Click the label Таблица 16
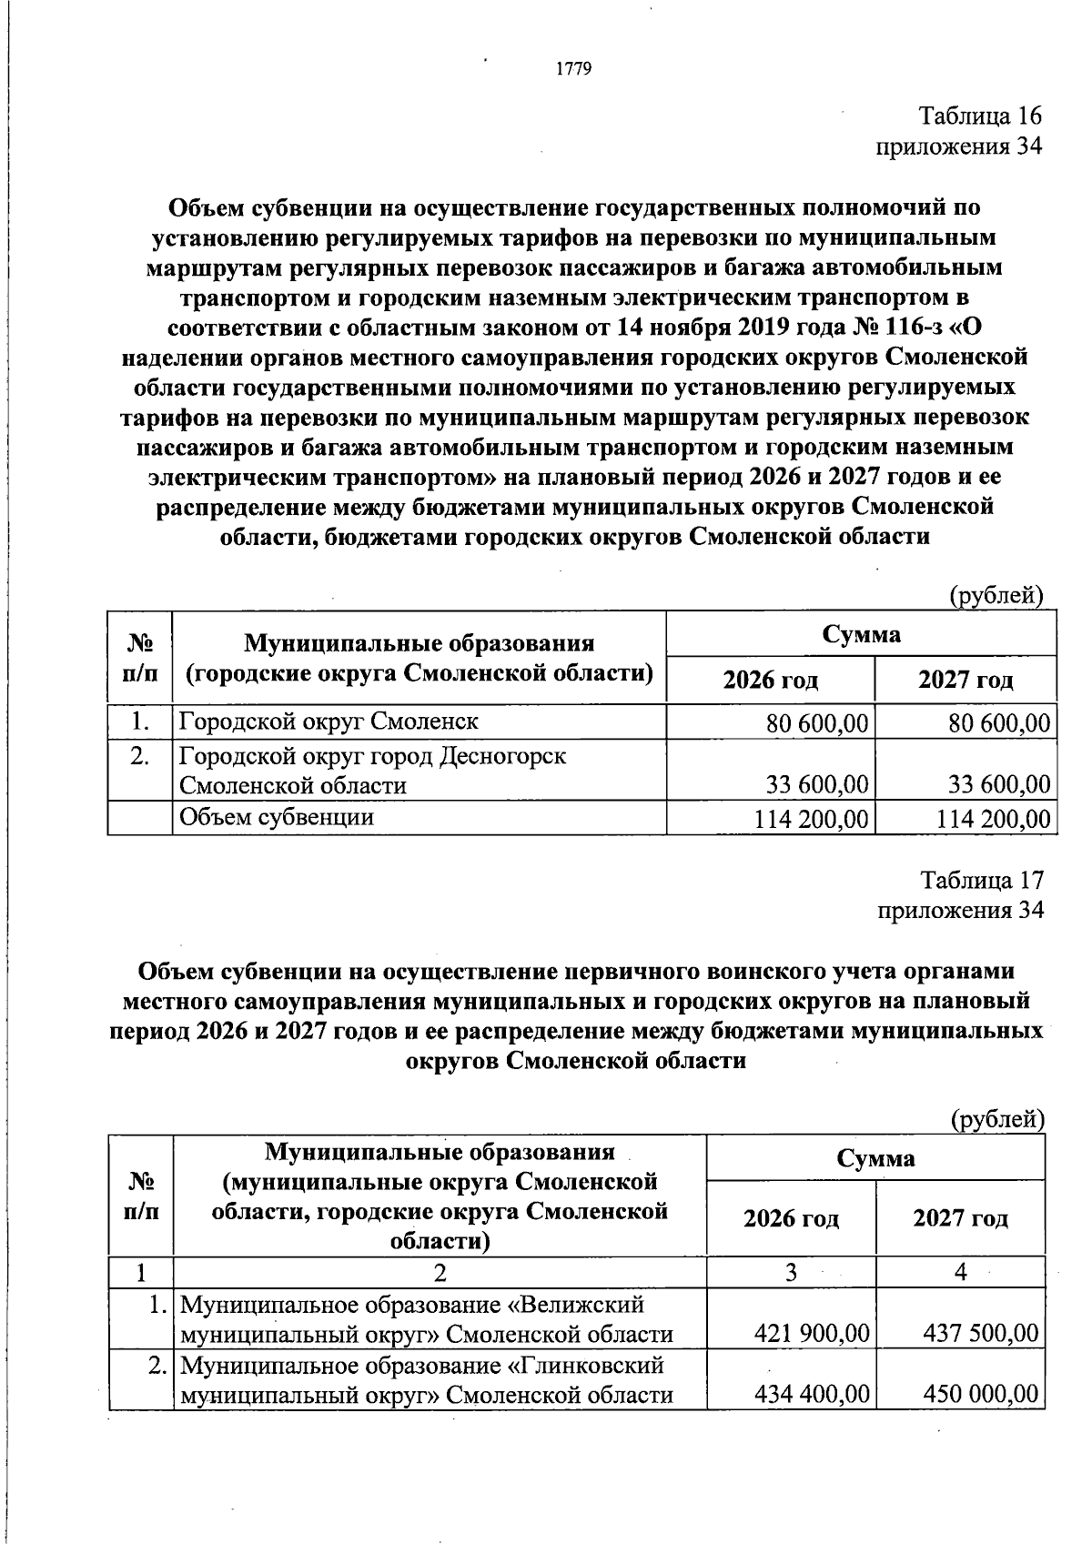[979, 116]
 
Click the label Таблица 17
[981, 881]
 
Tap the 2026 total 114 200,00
[811, 819]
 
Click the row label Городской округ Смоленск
[329, 722]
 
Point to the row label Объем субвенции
[277, 817]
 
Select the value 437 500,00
[981, 1335]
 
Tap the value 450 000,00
[981, 1394]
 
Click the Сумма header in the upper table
[861, 634]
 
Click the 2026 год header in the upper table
[770, 680]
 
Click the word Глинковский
[585, 1366]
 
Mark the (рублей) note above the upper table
[996, 595]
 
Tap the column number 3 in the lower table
[791, 1273]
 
